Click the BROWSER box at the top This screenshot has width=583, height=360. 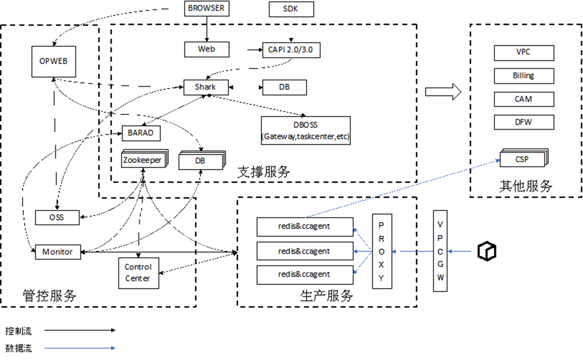[x=207, y=9]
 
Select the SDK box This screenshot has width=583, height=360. [x=291, y=9]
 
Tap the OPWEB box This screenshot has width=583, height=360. [x=54, y=61]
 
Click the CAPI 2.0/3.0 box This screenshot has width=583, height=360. [x=291, y=50]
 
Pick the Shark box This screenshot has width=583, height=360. [x=206, y=87]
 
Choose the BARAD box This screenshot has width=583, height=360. [x=141, y=133]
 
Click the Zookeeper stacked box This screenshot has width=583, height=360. [x=143, y=160]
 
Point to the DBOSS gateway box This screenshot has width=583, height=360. [x=306, y=130]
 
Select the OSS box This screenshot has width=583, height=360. [x=57, y=217]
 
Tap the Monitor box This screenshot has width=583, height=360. [x=58, y=252]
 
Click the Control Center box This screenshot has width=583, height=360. [x=139, y=273]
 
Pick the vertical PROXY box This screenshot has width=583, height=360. [x=382, y=251]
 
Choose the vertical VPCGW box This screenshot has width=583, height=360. [x=440, y=251]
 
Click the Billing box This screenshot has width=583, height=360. [x=524, y=76]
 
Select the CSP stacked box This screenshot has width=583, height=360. [x=522, y=159]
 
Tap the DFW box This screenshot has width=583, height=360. [x=524, y=122]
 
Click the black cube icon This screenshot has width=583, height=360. [x=487, y=251]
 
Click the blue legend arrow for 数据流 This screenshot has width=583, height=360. [x=79, y=348]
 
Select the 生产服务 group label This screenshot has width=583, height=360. [x=326, y=296]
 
